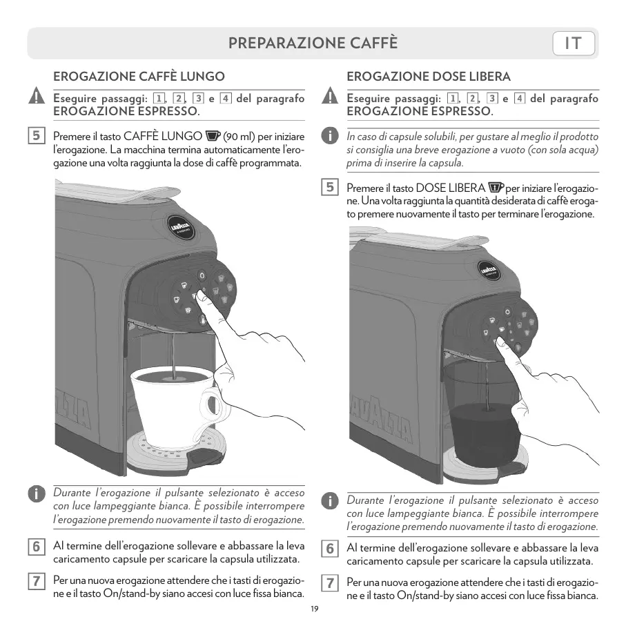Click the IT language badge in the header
574,43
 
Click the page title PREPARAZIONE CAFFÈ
313,43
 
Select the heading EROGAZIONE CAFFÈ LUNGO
139,76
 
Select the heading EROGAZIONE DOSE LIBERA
429,76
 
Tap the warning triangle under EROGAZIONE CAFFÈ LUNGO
37,95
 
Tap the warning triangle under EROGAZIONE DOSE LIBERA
330,95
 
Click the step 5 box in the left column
37,135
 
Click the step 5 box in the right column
330,187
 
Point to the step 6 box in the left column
37,546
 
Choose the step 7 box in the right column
330,583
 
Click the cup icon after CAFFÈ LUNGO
213,136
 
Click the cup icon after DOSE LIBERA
496,187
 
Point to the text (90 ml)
239,137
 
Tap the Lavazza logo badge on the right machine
489,271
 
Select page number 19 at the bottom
315,609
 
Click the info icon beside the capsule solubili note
330,136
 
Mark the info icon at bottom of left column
37,493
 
